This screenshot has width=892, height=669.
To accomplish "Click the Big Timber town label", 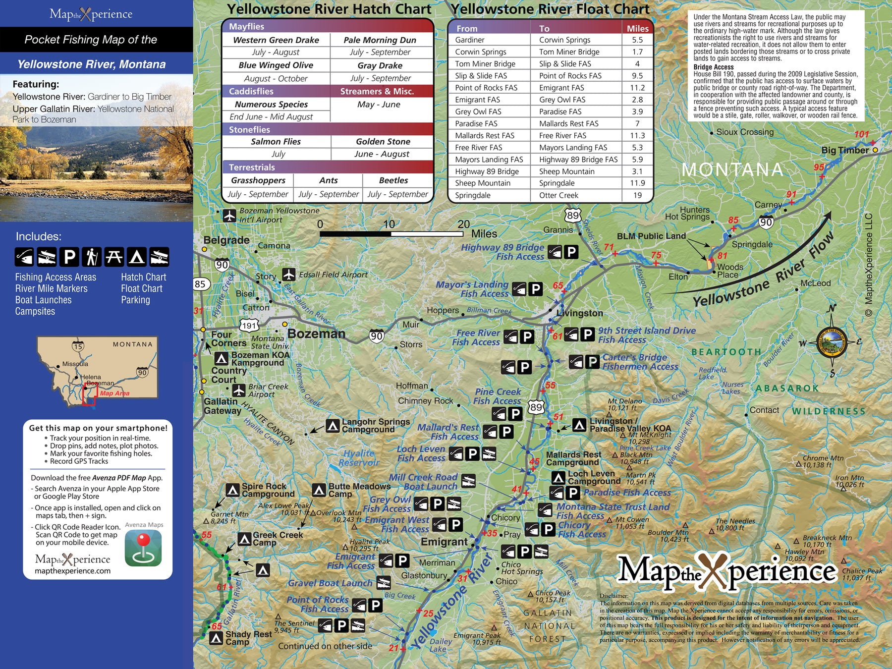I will click(845, 150).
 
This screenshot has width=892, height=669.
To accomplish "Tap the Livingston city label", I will click(579, 313).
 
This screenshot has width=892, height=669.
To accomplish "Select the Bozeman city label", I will click(316, 334).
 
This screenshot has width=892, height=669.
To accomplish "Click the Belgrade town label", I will click(226, 240).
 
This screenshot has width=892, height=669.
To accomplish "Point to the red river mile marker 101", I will click(861, 134).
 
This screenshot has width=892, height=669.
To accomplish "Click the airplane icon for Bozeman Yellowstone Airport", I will click(229, 216).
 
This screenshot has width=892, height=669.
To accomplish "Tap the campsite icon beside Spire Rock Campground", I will click(232, 490).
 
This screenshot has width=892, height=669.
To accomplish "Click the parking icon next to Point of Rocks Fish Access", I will click(375, 605).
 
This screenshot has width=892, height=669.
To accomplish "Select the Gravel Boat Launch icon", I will click(383, 582).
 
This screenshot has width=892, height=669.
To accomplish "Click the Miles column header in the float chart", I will click(637, 28).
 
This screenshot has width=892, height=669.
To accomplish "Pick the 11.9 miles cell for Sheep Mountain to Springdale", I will click(637, 183).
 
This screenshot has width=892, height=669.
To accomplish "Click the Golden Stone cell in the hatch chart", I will click(383, 142).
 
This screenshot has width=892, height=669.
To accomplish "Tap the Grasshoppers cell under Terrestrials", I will click(258, 180).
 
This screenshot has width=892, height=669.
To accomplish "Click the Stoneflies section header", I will click(249, 129).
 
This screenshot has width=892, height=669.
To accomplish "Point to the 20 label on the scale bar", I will click(463, 224).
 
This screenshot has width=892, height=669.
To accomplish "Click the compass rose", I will click(831, 341).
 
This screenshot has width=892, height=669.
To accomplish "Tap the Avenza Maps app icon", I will click(143, 548).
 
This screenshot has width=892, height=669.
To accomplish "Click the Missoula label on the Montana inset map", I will click(75, 364).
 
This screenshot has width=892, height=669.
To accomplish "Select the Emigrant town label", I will click(444, 542).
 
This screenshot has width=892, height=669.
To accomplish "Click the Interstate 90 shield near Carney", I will click(766, 223).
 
